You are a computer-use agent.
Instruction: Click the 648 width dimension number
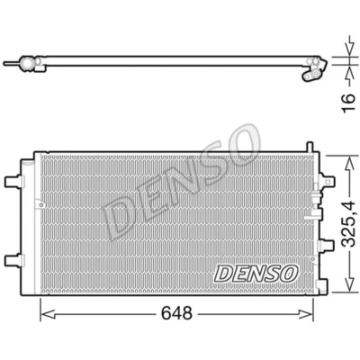[x=176, y=314]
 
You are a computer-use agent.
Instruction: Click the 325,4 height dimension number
[x=349, y=225]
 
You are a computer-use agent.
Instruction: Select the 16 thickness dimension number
[x=349, y=103]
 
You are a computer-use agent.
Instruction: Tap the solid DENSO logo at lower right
[x=256, y=274]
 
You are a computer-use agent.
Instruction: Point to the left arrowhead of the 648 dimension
[x=48, y=314]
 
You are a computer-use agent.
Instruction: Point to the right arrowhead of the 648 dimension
[x=306, y=314]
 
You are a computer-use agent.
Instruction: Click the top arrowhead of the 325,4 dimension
[x=349, y=164]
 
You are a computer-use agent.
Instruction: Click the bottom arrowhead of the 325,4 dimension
[x=349, y=283]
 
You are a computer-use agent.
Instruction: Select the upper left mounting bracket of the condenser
[x=13, y=182]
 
